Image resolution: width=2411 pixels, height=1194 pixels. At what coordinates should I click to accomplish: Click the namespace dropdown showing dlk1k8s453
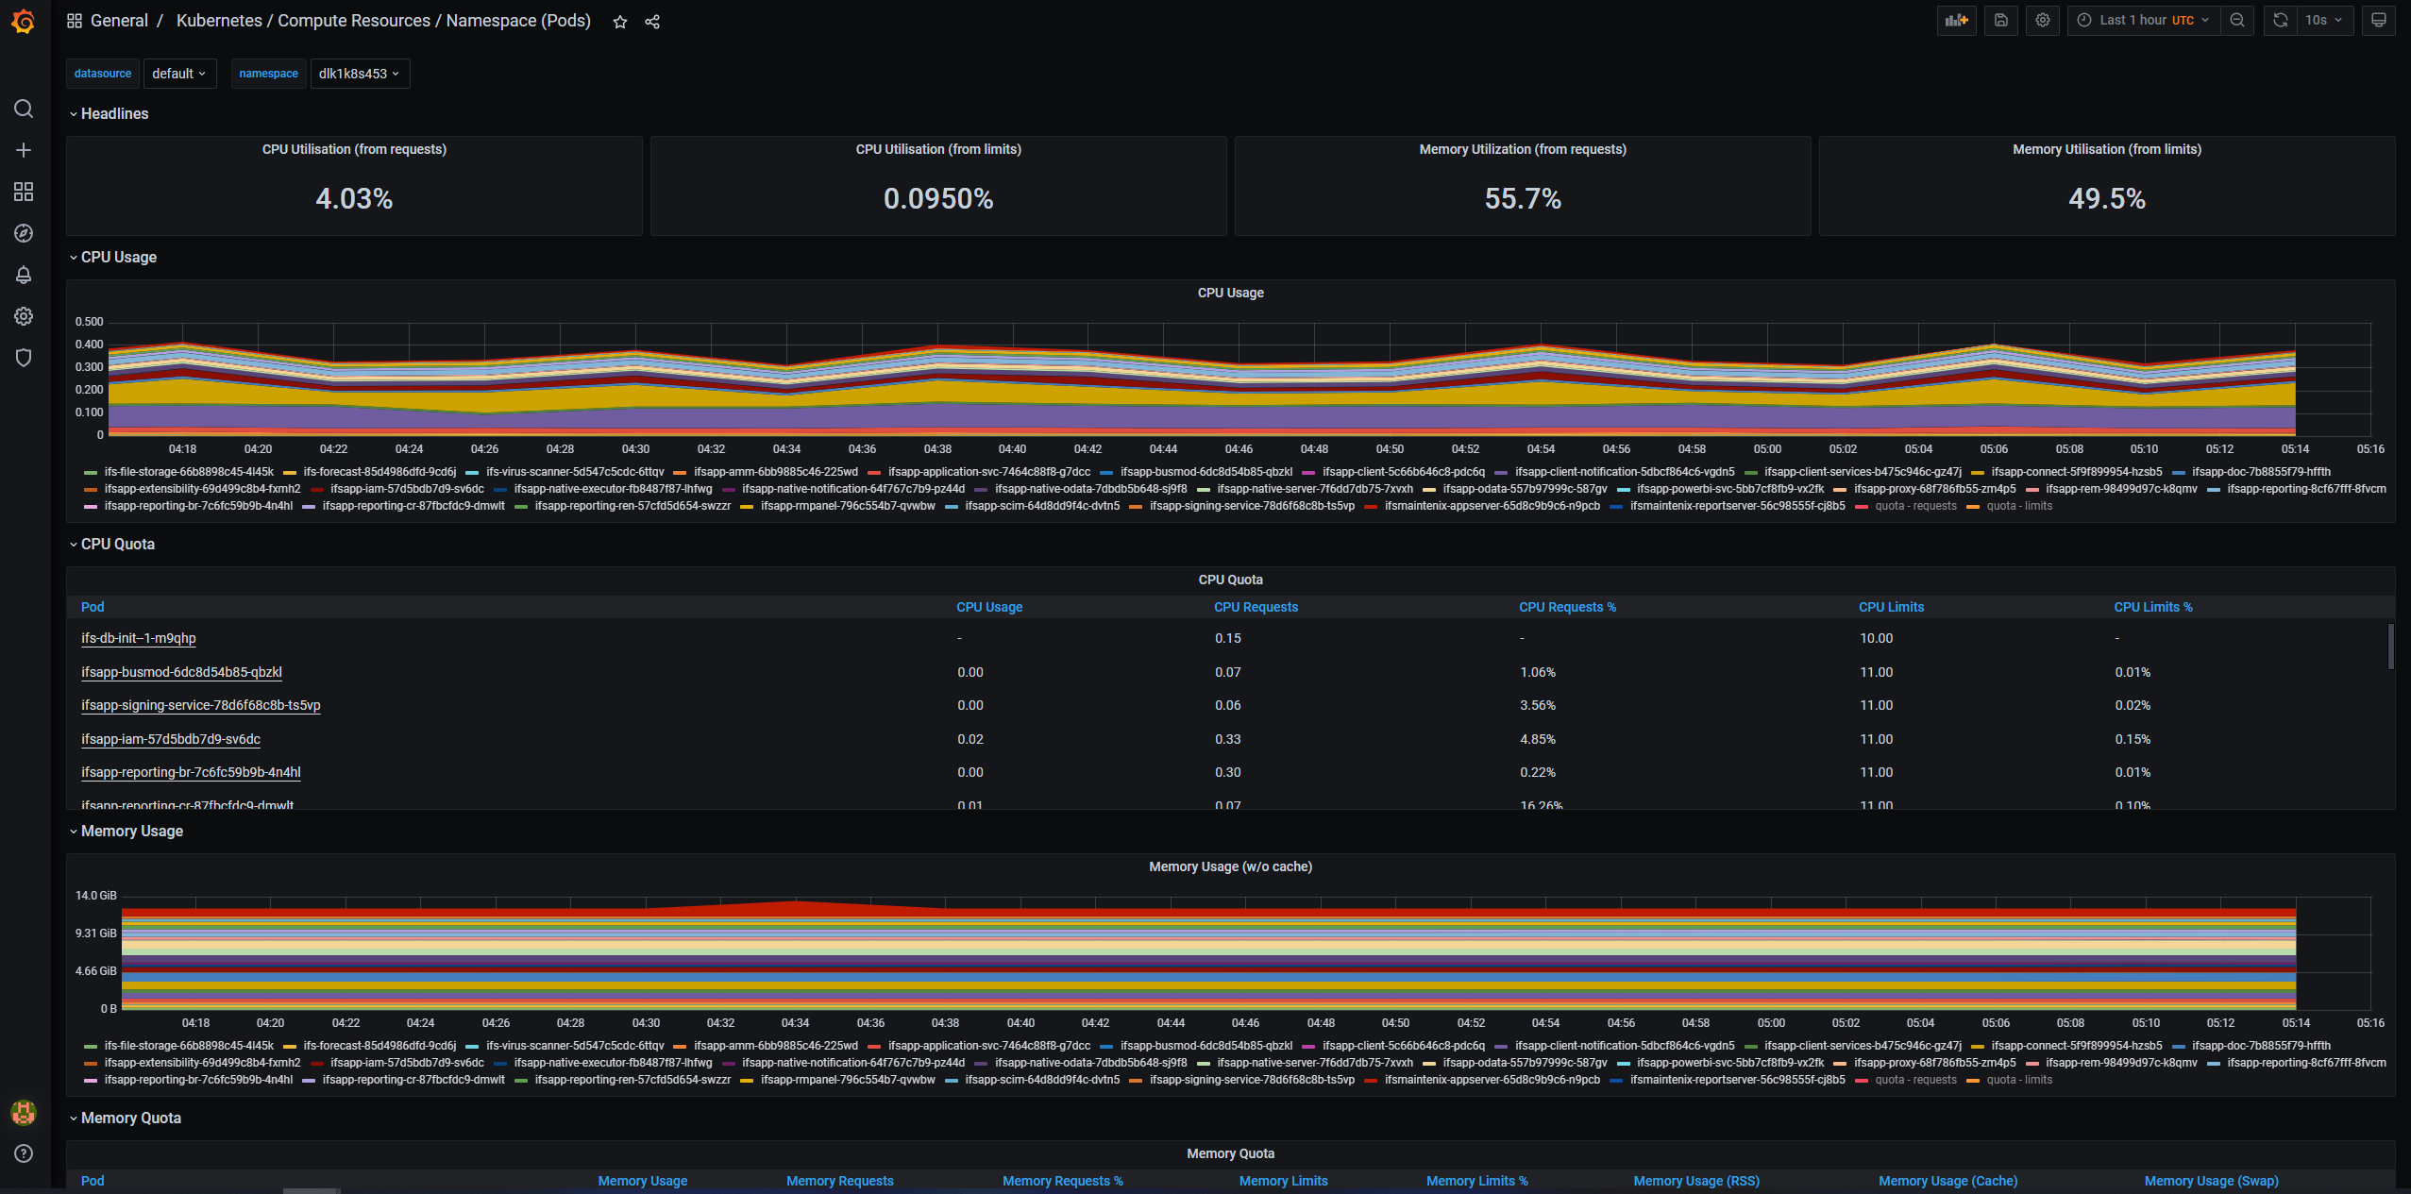coord(359,74)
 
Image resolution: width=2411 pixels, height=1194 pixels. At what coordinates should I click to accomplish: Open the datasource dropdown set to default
coord(178,74)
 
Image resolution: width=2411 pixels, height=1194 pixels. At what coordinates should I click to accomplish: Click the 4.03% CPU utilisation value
coord(354,198)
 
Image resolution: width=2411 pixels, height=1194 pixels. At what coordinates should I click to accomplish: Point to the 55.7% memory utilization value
coord(1522,198)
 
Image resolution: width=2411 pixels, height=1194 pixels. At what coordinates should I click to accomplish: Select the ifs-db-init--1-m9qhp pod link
coord(139,638)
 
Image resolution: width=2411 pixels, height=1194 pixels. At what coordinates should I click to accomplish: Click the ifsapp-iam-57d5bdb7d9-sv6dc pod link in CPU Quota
coord(171,739)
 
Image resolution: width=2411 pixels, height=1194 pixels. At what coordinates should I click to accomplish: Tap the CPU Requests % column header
coord(1567,607)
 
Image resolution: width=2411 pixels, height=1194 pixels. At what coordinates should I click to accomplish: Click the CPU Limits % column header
coord(2152,607)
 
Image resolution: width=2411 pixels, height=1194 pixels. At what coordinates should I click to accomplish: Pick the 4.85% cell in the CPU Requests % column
coord(1538,739)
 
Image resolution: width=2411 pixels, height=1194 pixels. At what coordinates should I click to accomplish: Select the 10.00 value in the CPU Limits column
coord(1876,638)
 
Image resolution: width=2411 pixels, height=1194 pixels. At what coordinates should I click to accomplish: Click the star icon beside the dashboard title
coord(620,22)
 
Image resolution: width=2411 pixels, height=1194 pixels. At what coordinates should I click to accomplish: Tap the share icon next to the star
coord(652,22)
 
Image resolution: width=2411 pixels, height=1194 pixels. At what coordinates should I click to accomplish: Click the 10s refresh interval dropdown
coord(2323,20)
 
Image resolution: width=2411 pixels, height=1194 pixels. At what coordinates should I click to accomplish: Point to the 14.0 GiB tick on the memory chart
coord(96,895)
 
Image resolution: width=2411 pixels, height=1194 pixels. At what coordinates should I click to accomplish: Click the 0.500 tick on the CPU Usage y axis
coord(90,322)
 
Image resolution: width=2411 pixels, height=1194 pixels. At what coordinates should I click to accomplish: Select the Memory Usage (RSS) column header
coord(1696,1181)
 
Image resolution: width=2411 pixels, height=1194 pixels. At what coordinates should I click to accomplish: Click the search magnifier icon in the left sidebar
coord(24,109)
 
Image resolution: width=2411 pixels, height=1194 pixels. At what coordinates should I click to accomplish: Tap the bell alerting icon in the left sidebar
coord(24,275)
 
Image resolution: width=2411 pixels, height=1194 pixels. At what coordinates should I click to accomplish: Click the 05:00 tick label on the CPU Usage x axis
coord(1767,449)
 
